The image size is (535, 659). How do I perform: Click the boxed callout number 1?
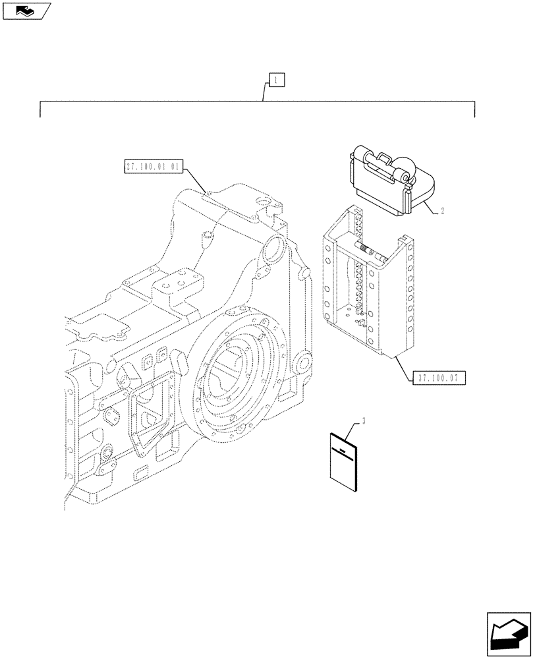coord(275,81)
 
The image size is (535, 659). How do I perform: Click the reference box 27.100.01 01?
coord(151,166)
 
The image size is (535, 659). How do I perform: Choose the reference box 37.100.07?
coord(441,378)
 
